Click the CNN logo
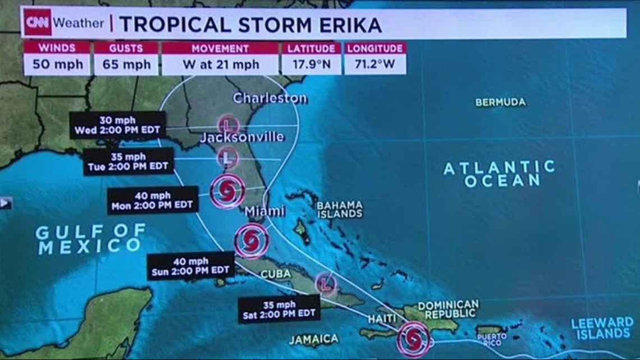click(38, 23)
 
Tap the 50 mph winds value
click(57, 64)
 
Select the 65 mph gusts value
click(126, 64)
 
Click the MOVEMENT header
click(220, 48)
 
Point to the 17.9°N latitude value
click(312, 64)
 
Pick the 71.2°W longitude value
click(375, 64)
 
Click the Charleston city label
click(270, 98)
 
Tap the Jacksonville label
click(242, 137)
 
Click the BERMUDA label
click(500, 102)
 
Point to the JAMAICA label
click(314, 339)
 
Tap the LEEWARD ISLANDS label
click(602, 329)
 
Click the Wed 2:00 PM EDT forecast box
click(117, 125)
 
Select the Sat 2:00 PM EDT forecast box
click(279, 309)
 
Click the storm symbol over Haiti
click(414, 338)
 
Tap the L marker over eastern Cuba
click(326, 284)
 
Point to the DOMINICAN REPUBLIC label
click(448, 308)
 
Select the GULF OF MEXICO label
click(90, 238)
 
